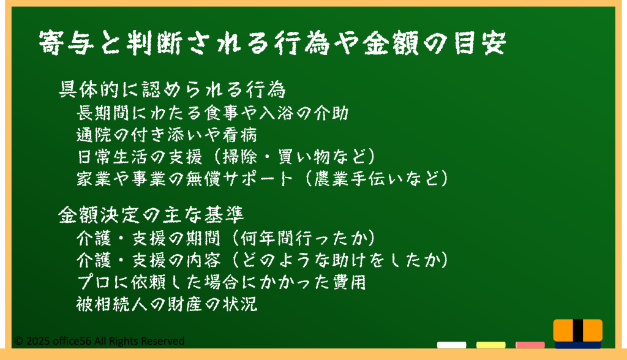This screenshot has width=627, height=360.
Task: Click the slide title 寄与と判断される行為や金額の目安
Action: coord(272,42)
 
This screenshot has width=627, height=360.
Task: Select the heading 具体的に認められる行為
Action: coord(172,89)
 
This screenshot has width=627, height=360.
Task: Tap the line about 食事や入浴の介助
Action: coord(212,113)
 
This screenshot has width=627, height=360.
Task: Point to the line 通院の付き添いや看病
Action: coord(167,135)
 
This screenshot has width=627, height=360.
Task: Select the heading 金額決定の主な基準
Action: coord(151,215)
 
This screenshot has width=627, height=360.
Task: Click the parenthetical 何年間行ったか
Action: coord(304,238)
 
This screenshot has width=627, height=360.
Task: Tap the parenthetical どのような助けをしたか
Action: coord(340,260)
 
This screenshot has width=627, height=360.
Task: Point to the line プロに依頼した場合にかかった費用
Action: coord(222,282)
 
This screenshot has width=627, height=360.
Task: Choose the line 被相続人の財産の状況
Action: coord(167,304)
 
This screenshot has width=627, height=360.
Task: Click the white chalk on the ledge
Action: coord(451,345)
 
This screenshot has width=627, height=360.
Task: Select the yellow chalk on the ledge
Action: coord(490,345)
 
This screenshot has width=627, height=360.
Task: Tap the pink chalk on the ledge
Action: coord(530,345)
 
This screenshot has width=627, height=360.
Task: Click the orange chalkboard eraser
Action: coord(578,333)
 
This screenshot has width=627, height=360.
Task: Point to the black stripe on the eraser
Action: coord(578,331)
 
